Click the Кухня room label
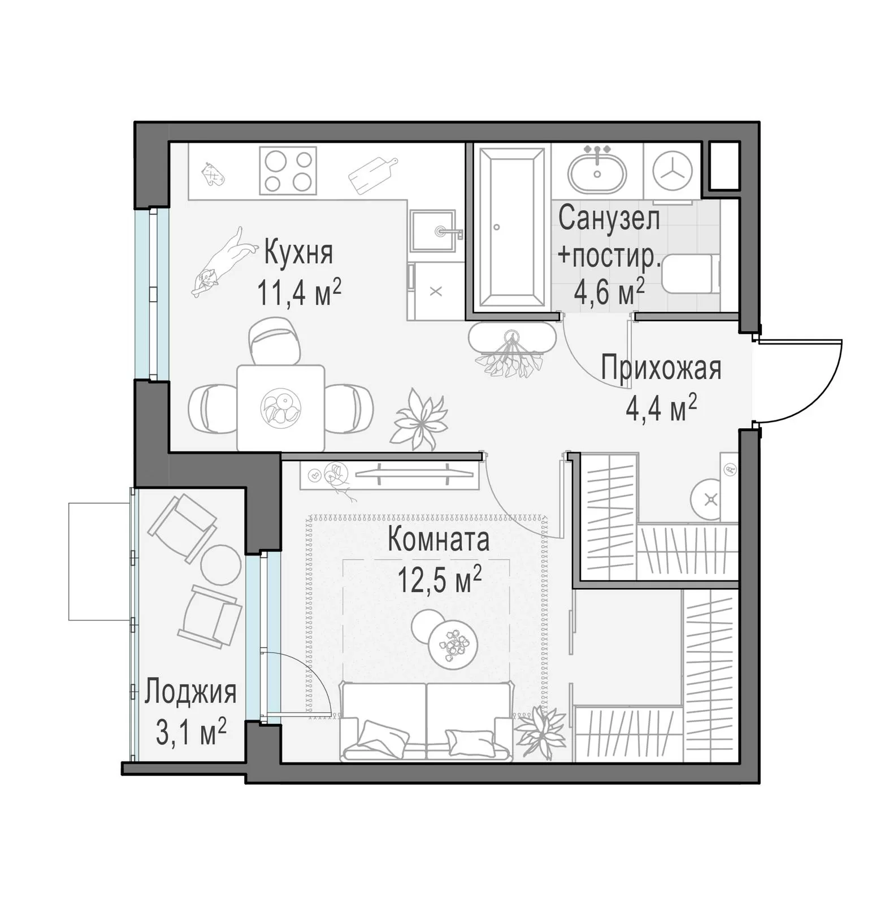click(298, 253)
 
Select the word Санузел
click(609, 219)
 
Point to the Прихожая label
click(661, 368)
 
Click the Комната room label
click(439, 540)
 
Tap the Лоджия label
click(190, 692)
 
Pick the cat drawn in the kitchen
click(221, 262)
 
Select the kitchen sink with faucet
click(434, 230)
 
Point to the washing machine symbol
click(673, 169)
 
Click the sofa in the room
click(427, 721)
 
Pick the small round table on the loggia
click(220, 566)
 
